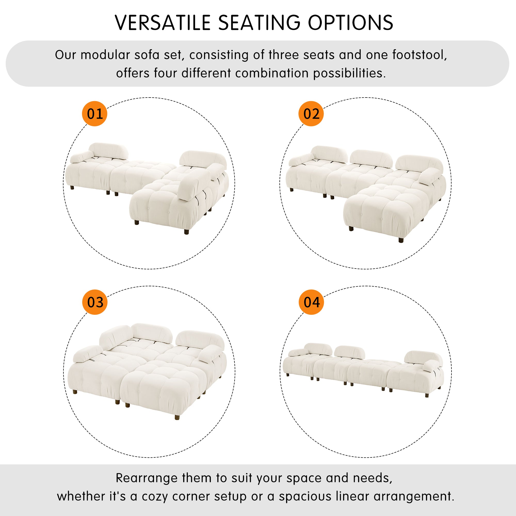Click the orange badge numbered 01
(x=94, y=114)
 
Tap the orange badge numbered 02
(x=311, y=114)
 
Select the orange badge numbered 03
(x=95, y=302)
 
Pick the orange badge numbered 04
(x=311, y=302)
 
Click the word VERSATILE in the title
(x=163, y=23)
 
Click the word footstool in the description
(x=419, y=55)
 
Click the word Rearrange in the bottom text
(x=147, y=478)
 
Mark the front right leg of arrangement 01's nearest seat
(x=187, y=231)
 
